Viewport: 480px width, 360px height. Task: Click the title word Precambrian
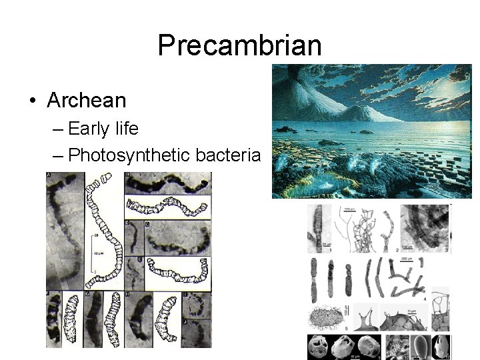(240, 45)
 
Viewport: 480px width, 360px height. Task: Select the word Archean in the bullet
(87, 101)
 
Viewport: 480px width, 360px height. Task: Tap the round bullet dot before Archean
(32, 101)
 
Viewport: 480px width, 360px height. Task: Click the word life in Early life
(127, 129)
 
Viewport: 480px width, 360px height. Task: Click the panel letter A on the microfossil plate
(49, 176)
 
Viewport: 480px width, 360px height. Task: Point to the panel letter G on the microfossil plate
(87, 293)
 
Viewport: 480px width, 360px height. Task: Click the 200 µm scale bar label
(405, 258)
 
